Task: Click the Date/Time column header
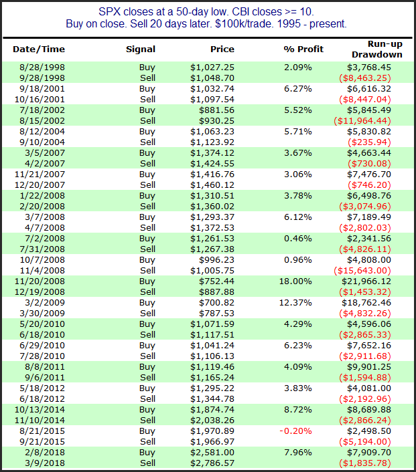point(39,49)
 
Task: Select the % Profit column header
point(303,49)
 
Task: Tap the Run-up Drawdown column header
point(377,49)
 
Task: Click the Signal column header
point(141,49)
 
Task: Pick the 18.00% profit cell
point(295,281)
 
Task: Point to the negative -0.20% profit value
point(295,431)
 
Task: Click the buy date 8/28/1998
point(42,67)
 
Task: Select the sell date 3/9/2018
point(45,463)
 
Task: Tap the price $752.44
point(216,281)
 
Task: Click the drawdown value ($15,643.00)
point(362,271)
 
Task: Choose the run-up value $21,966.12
point(366,281)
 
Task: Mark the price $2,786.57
point(212,463)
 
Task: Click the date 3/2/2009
point(45,303)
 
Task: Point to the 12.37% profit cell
point(295,303)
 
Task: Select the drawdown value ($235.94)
point(369,142)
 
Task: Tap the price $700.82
point(216,303)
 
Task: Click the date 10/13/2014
point(40,410)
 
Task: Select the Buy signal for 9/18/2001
point(147,89)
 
